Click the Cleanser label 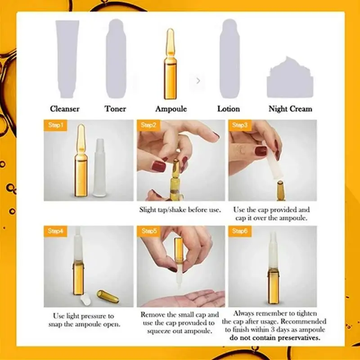65,108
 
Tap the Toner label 116,108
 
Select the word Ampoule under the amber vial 171,108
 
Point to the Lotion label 229,108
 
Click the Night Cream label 290,108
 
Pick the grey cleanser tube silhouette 66,58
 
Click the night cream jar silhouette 290,79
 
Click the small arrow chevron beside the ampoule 198,81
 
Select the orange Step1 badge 55,125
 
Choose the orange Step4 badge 55,231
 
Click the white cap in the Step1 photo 99,171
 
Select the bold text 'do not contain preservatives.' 273,337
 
